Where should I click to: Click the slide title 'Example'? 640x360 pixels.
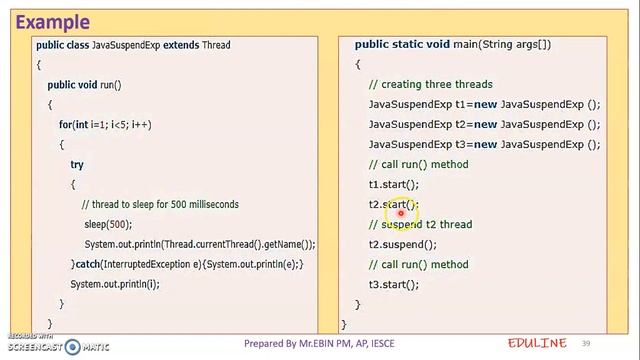(x=53, y=21)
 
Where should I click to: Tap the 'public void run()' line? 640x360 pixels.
(x=84, y=85)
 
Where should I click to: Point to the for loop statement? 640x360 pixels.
(x=105, y=125)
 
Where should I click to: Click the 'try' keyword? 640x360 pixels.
(x=77, y=165)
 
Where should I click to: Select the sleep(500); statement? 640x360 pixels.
(x=108, y=225)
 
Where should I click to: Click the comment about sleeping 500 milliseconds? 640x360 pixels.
(x=160, y=205)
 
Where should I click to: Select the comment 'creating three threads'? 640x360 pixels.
(x=431, y=85)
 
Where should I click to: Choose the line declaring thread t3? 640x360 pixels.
(x=484, y=145)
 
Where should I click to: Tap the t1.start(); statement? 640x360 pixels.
(x=394, y=185)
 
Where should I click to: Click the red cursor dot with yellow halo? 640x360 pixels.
(x=400, y=209)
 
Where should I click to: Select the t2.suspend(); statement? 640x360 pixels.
(x=403, y=245)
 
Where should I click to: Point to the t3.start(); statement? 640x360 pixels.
(x=394, y=285)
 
